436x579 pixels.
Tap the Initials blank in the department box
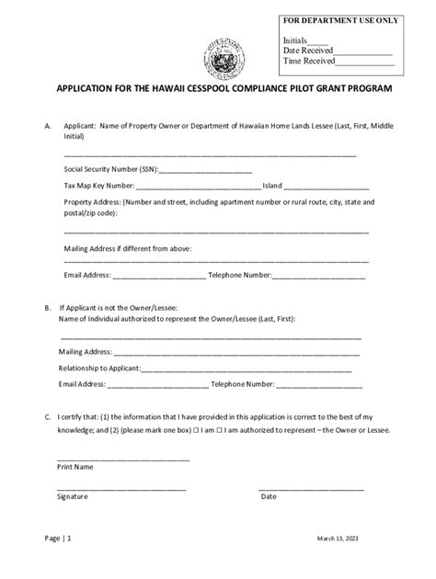[317, 41]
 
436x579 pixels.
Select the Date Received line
[362, 51]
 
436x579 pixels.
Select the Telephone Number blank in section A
[318, 275]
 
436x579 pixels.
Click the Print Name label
[75, 467]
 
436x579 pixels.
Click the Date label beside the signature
[269, 496]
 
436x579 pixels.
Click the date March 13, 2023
[346, 539]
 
